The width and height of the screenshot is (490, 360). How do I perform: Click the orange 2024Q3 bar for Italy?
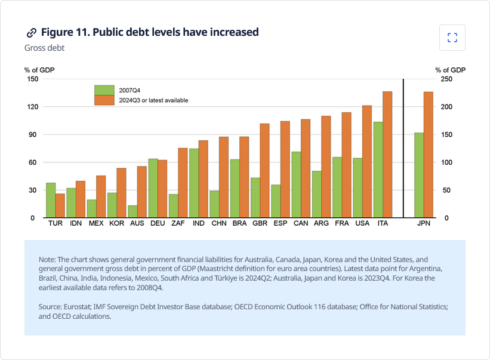[387, 155]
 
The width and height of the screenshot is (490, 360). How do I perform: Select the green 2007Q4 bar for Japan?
[419, 176]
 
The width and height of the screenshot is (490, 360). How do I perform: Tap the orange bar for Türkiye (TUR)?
[60, 205]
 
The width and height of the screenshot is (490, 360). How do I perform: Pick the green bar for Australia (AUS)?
[132, 211]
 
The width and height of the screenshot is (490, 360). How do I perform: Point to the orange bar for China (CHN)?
[224, 177]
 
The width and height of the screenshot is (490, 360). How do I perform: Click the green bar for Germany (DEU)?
[153, 188]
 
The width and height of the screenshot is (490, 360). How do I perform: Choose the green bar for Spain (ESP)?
[275, 201]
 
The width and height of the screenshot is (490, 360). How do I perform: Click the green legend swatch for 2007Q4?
[104, 90]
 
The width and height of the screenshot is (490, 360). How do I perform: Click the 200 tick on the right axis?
[446, 107]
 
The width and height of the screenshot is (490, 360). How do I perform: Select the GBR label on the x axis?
[260, 224]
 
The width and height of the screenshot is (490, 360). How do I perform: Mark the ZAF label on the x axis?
[178, 224]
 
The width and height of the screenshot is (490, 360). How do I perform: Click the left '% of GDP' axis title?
[39, 70]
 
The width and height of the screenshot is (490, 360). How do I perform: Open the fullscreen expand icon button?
[452, 38]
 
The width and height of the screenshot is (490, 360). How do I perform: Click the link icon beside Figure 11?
[31, 32]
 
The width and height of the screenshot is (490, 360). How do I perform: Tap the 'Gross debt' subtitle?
[44, 48]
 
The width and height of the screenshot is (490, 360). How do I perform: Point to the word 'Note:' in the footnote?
[47, 260]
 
